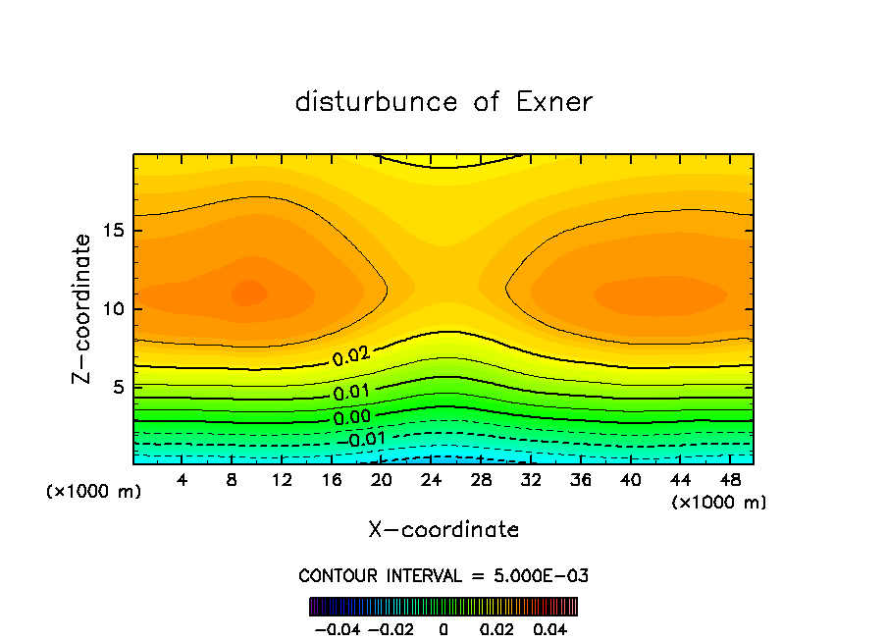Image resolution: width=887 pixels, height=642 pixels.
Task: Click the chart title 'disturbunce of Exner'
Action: (443, 102)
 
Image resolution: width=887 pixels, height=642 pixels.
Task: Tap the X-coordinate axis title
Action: (443, 530)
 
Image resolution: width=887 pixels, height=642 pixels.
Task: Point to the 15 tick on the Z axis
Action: (113, 232)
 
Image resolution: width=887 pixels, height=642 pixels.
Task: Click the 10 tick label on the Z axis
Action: (113, 309)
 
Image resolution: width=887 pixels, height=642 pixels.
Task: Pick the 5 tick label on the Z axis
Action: (118, 387)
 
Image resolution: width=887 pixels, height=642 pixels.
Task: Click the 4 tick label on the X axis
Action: (183, 480)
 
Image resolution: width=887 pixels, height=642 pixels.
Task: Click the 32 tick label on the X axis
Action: (531, 480)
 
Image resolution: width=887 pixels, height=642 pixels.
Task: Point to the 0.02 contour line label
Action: (351, 357)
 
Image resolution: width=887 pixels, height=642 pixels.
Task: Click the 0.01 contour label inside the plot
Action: (350, 393)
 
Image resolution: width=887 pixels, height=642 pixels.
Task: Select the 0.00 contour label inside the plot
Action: (351, 416)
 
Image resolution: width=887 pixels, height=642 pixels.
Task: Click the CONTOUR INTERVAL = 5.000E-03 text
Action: (443, 575)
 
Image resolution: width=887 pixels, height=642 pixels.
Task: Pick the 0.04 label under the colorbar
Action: (551, 629)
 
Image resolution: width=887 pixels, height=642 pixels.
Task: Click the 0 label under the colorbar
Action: (443, 629)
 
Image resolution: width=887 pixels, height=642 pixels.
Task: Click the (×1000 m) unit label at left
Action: (94, 492)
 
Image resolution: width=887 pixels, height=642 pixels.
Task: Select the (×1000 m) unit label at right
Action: (719, 503)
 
